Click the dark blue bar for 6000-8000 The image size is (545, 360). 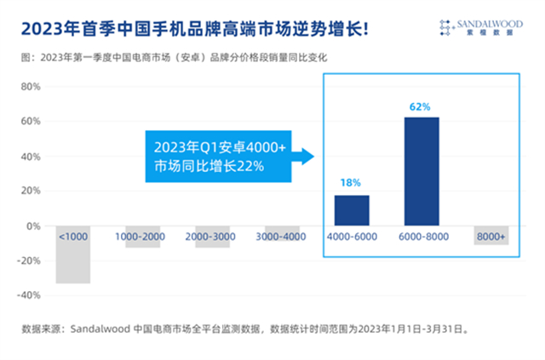click(422, 171)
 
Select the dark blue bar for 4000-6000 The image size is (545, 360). click(352, 210)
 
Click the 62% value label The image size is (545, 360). click(421, 107)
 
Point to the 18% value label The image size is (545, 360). click(352, 183)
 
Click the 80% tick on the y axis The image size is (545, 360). click(30, 86)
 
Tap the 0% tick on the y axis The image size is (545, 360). click(33, 226)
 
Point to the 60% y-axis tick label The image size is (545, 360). click(30, 121)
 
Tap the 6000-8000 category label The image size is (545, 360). click(422, 236)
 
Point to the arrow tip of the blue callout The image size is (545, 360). click(314, 156)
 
